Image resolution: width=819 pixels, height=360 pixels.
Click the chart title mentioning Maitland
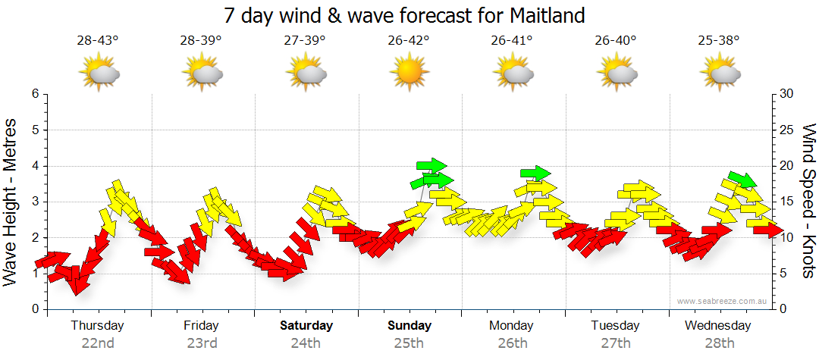click(x=405, y=15)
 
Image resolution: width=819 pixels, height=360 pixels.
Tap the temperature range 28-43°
click(x=98, y=41)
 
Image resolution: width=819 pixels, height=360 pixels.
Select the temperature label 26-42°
click(x=409, y=41)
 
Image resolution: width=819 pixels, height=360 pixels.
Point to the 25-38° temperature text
click(x=720, y=41)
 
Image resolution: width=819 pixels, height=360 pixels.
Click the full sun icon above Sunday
click(x=409, y=74)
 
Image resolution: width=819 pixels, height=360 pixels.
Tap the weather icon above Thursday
click(x=99, y=74)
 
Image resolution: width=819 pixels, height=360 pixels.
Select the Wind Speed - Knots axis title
click(x=808, y=201)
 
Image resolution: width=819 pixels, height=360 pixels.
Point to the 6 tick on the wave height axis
click(x=35, y=94)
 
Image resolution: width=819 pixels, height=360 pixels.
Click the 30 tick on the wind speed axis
click(x=788, y=94)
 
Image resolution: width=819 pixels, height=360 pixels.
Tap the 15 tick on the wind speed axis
click(x=788, y=202)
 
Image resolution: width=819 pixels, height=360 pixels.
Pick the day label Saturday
click(x=306, y=326)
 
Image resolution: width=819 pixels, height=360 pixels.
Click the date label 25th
click(x=409, y=343)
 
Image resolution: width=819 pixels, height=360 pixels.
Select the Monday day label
click(x=513, y=326)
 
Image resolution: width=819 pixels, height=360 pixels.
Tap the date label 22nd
click(x=98, y=343)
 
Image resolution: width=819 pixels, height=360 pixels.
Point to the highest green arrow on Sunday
click(x=431, y=165)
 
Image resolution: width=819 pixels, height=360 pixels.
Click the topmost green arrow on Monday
click(x=535, y=173)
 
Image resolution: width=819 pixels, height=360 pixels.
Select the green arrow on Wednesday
click(x=742, y=179)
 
